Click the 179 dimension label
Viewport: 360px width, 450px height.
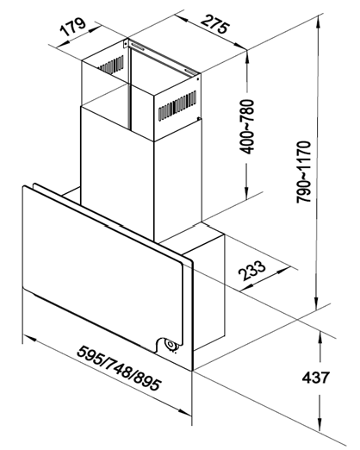coord(72,27)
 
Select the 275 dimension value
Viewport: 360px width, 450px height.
coord(215,24)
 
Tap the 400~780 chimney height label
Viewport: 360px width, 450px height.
coord(247,127)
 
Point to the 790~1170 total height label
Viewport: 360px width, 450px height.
coord(304,172)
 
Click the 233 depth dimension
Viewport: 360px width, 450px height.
coord(252,270)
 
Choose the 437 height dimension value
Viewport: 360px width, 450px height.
coord(315,378)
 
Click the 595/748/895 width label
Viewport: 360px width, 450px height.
coord(119,368)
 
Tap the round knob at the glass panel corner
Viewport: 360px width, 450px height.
coord(171,344)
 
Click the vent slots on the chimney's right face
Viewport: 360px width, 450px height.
coord(177,106)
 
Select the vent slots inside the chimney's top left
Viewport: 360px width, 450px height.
coord(112,65)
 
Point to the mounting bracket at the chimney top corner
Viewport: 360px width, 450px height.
coord(126,44)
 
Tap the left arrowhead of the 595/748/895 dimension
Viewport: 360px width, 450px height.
coord(29,338)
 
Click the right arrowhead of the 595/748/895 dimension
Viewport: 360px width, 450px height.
coord(184,412)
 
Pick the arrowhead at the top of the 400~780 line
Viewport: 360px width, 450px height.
coord(247,57)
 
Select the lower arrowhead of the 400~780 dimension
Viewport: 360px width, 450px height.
coord(246,193)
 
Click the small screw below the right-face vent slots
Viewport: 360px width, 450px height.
coord(198,118)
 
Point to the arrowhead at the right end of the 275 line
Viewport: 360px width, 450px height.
coord(240,46)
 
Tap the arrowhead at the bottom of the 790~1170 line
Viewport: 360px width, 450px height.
coord(317,303)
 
